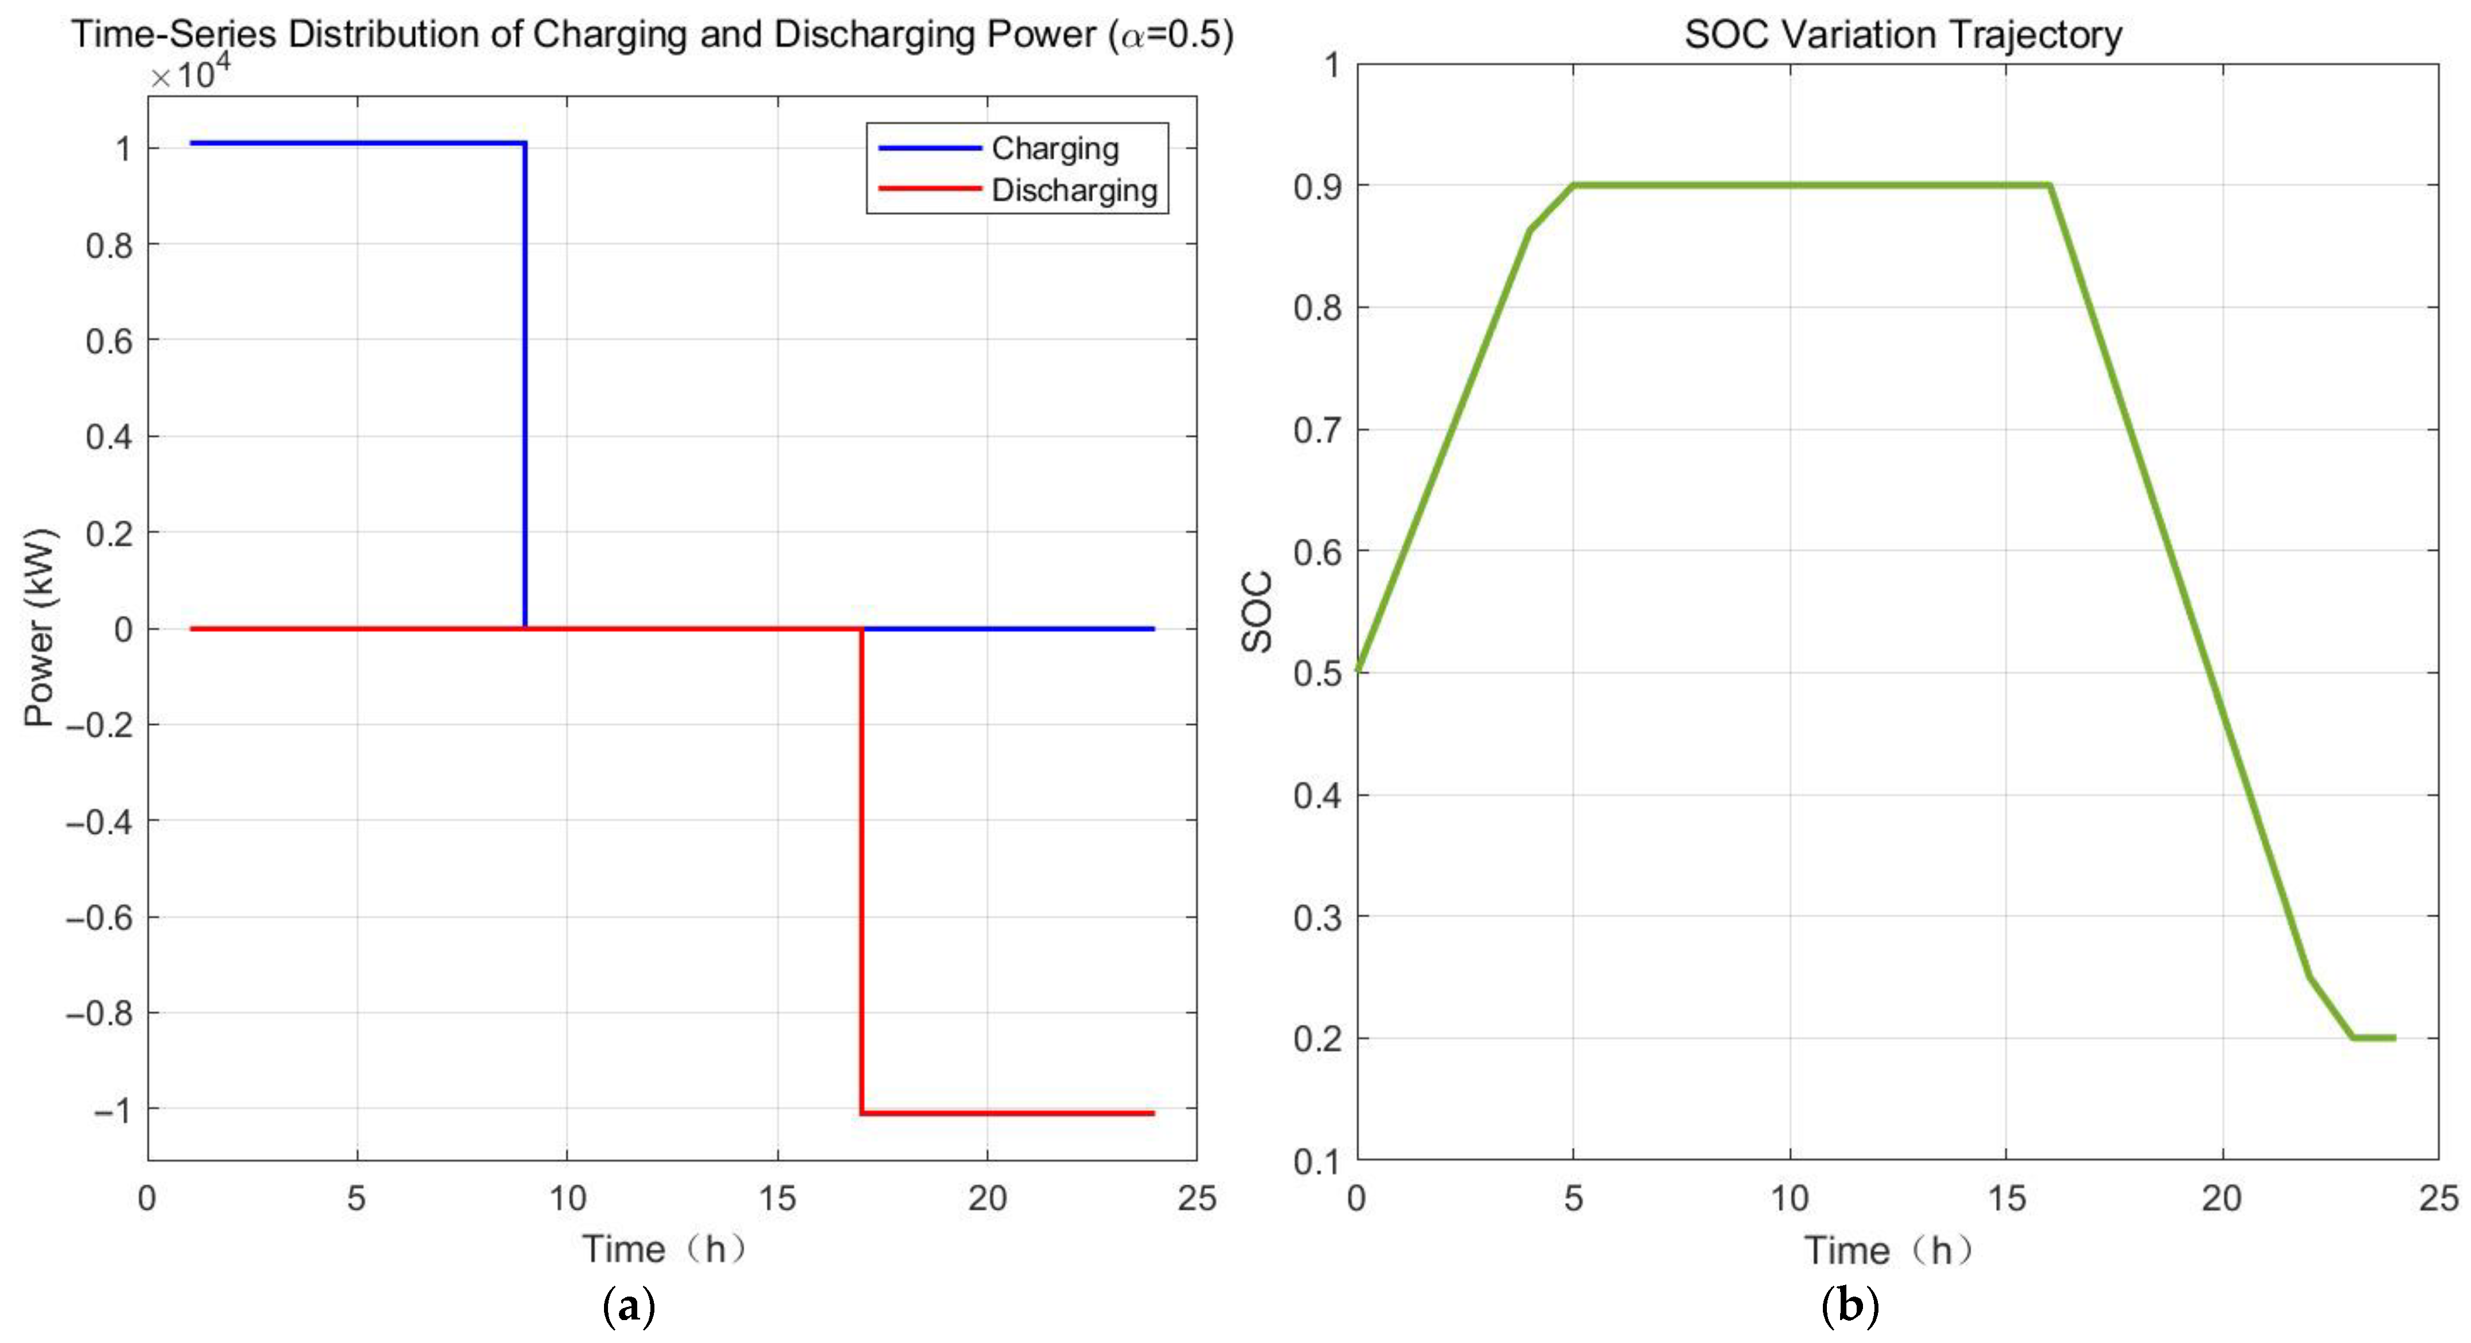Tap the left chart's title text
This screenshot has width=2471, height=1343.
652,34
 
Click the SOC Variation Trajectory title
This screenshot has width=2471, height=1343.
1903,34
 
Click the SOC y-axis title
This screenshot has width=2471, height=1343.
1257,612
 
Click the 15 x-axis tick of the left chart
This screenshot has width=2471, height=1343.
777,1198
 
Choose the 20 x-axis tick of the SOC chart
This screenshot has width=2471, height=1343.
2222,1198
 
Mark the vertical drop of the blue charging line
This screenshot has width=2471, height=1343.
525,384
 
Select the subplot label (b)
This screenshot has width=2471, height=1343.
1849,1306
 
